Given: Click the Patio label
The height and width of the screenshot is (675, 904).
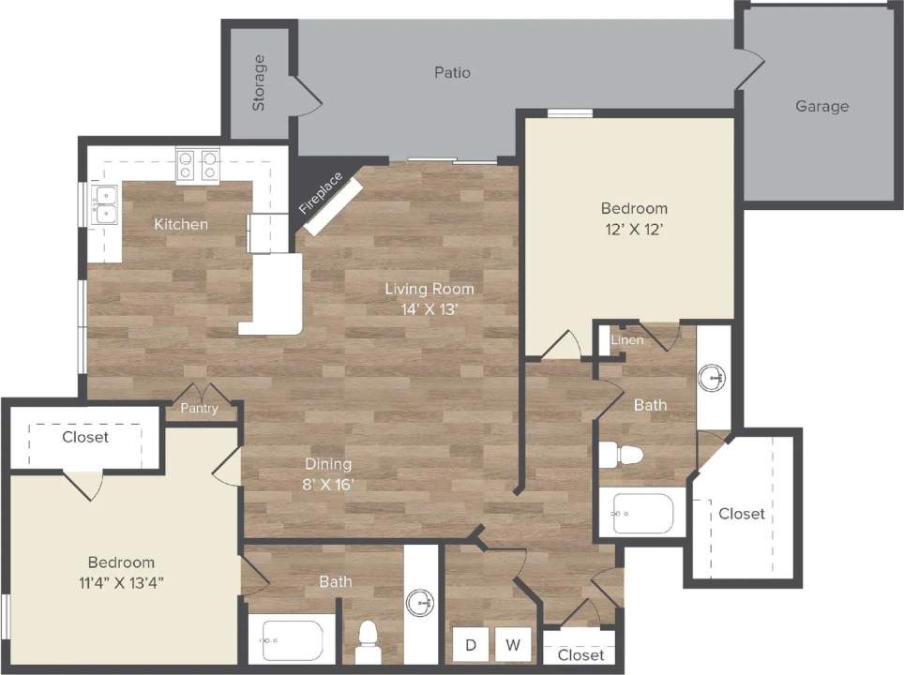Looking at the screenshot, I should click(452, 72).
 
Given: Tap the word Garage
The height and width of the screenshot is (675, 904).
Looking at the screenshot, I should click(821, 106).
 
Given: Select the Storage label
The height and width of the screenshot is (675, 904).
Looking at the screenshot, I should click(259, 82).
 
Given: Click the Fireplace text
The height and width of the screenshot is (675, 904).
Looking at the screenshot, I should click(321, 193).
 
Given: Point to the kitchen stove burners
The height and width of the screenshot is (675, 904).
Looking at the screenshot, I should click(197, 165).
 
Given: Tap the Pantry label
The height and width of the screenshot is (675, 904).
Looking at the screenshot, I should click(199, 408).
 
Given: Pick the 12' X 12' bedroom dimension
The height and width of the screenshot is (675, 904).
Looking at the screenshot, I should click(635, 228).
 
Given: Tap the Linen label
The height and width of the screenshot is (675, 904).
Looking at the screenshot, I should click(627, 339).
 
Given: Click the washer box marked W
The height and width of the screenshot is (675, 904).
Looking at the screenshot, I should click(513, 645).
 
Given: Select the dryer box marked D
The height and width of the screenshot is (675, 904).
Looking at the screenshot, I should click(472, 645).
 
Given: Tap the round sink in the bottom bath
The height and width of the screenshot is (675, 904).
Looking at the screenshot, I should click(421, 602).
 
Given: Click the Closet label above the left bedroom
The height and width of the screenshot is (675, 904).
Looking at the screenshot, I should click(85, 437).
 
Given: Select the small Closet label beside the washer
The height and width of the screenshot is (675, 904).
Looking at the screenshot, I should click(580, 654).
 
